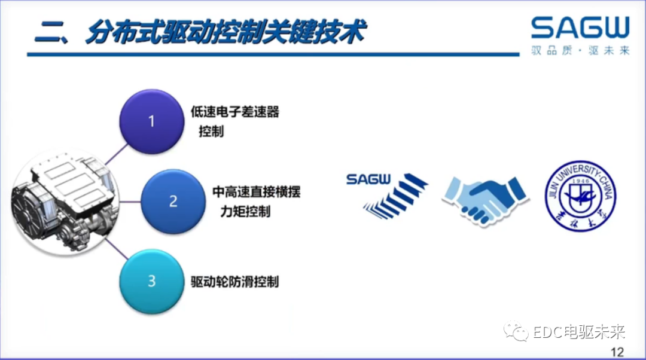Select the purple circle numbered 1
coord(151,121)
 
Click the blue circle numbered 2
coord(172,200)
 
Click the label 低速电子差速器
coord(235,112)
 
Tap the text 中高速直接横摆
coord(256,193)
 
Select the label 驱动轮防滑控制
coord(235,281)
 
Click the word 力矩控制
coord(245,212)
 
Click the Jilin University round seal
coord(580,195)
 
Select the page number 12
coord(616,351)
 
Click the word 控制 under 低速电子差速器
coord(211,132)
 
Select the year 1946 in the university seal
coord(580,179)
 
